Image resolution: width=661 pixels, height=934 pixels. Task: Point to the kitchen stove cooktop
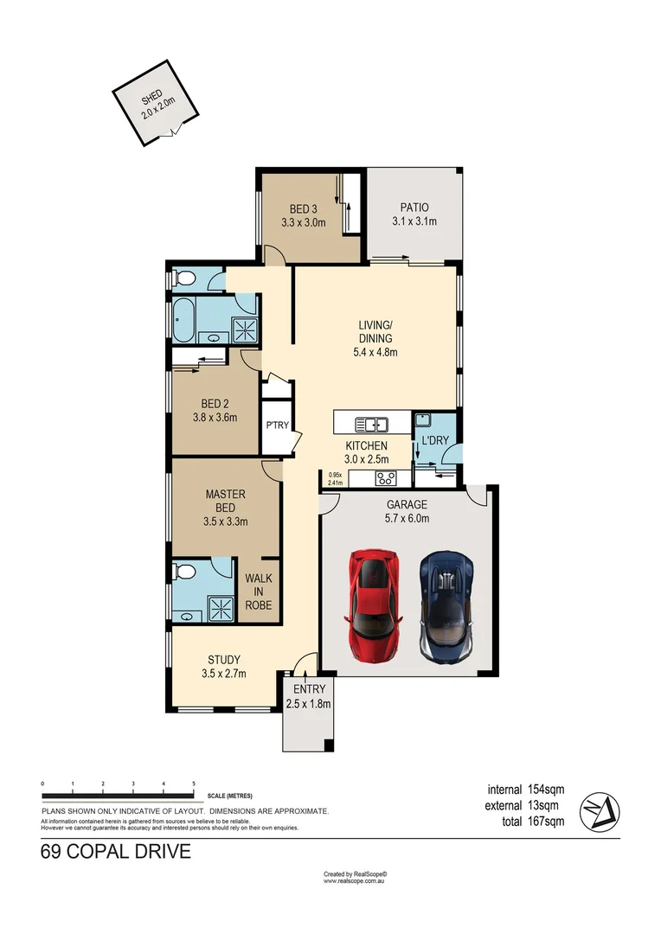pos(385,477)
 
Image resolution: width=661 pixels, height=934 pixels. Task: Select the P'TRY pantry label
pos(276,425)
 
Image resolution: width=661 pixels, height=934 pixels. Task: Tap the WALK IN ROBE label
pos(258,592)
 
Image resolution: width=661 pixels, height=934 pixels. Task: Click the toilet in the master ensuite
pos(183,572)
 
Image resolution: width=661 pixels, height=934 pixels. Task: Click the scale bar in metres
pos(119,795)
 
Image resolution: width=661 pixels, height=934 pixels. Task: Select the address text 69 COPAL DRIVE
pos(115,853)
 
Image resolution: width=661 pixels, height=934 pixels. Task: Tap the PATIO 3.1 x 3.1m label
pos(414,214)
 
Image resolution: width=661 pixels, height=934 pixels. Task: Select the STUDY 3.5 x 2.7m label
pos(224,667)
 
